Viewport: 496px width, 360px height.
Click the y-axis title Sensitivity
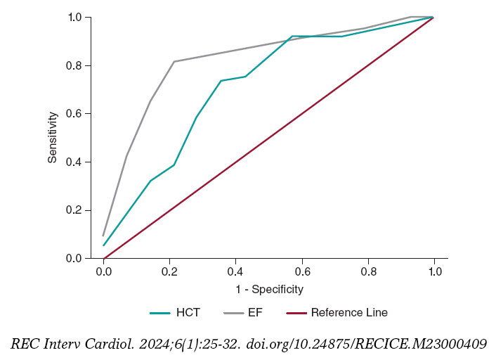[53, 137]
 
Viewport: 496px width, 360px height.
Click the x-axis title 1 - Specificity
[268, 289]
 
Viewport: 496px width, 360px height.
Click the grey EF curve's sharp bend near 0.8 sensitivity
[174, 62]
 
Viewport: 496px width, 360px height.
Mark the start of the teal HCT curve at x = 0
[103, 245]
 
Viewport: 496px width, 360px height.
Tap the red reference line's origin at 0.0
[103, 258]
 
